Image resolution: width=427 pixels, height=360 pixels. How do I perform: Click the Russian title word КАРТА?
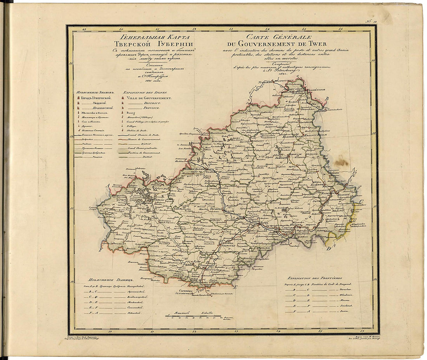172,37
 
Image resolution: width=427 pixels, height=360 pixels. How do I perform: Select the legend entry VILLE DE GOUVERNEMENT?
149,99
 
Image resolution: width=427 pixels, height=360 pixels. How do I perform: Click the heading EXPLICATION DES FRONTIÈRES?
314,278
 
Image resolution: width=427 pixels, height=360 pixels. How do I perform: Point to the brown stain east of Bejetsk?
341,161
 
